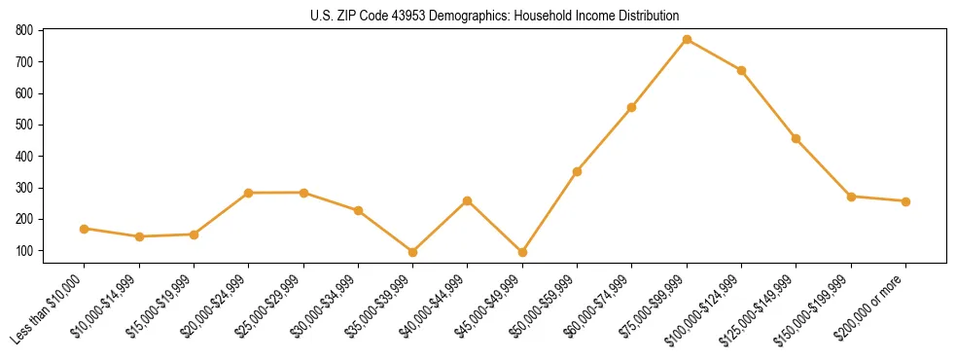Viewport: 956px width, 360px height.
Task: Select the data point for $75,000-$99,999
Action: [x=687, y=40]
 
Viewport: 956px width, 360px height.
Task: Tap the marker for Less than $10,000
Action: [x=85, y=229]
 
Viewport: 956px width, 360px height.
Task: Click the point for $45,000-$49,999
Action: [x=522, y=252]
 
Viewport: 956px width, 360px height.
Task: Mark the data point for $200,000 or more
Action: [x=905, y=201]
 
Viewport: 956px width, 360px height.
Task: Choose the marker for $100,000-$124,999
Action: [x=741, y=70]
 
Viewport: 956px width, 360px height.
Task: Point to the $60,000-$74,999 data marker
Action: [x=632, y=107]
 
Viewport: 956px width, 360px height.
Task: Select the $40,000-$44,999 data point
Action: [x=468, y=200]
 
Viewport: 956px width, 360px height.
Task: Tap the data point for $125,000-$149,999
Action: [x=797, y=138]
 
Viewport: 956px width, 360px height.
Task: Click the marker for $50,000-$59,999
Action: [x=578, y=171]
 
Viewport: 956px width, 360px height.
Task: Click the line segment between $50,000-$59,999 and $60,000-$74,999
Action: [x=605, y=139]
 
